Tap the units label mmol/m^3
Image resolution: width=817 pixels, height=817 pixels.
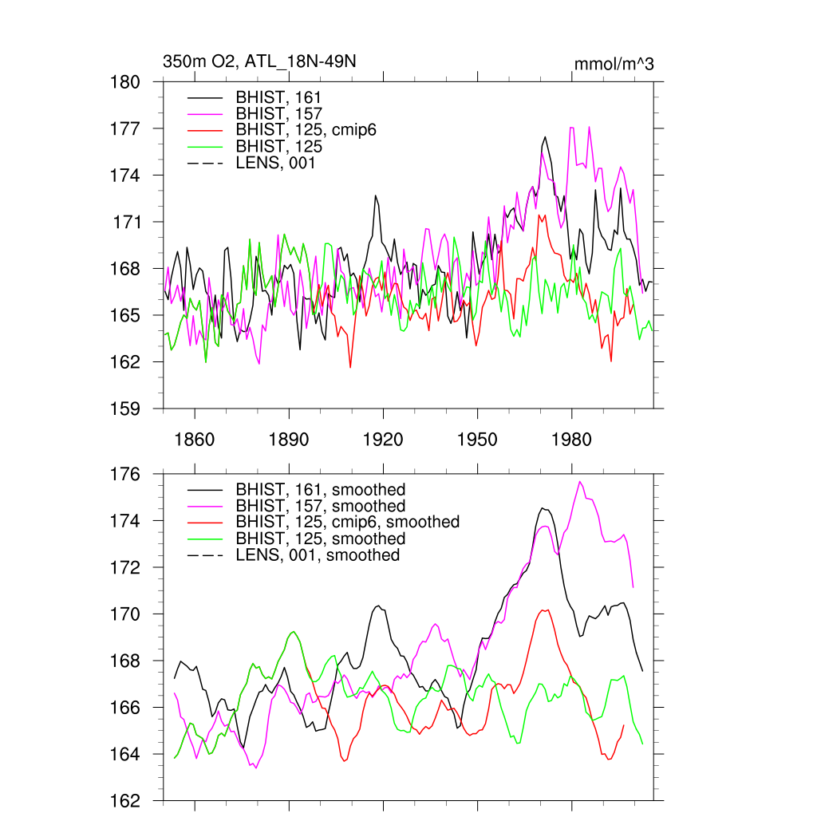point(614,64)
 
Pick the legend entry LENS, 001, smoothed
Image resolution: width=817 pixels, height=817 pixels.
point(318,555)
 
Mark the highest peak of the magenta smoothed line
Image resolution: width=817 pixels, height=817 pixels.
point(580,481)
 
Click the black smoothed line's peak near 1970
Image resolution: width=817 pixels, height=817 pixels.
point(543,507)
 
